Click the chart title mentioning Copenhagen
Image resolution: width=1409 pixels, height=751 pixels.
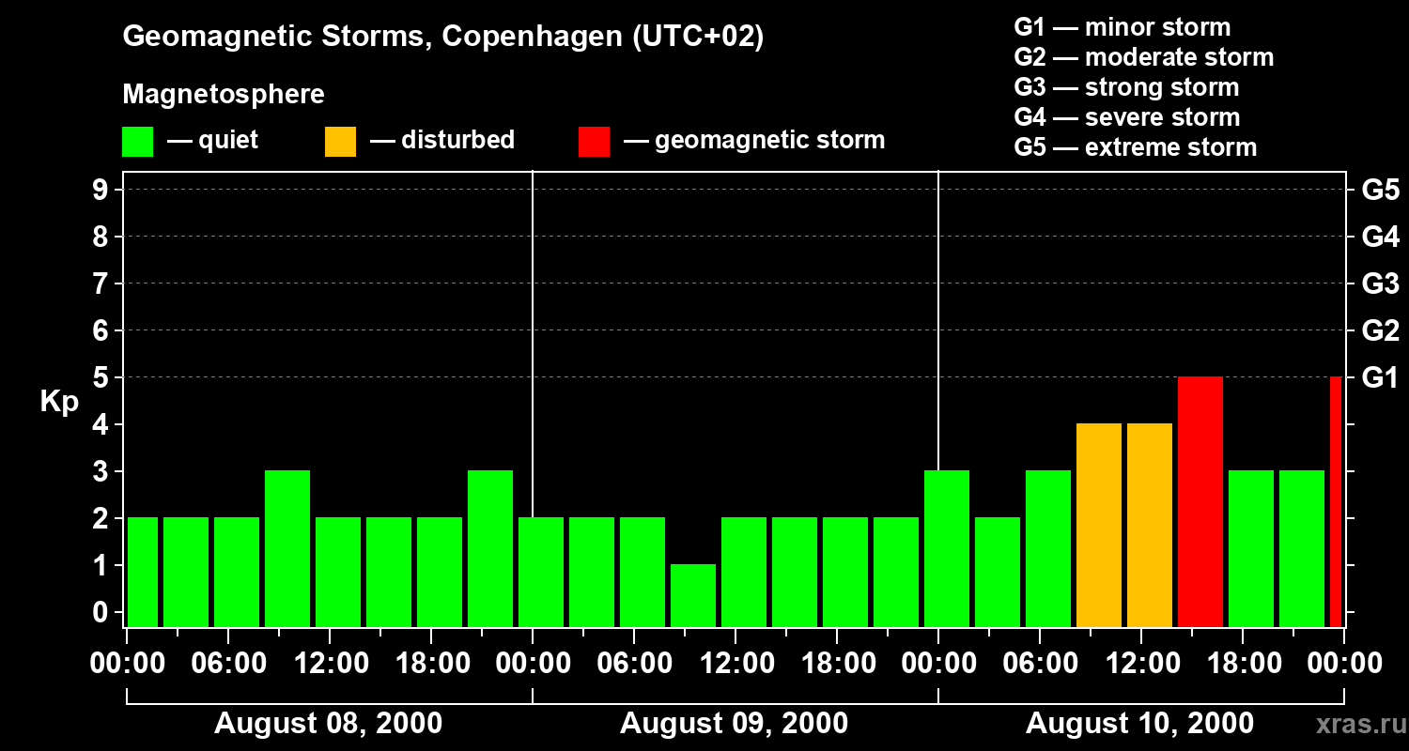pos(442,37)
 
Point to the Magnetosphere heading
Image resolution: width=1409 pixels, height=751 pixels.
pos(224,95)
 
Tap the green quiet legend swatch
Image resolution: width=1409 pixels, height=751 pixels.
pos(138,142)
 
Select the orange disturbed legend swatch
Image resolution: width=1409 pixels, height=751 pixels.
pos(341,142)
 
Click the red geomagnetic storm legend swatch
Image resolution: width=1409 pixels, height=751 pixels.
pos(595,142)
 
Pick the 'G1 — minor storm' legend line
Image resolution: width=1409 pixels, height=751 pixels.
pos(1122,27)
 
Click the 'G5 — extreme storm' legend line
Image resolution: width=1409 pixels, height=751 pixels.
pos(1135,147)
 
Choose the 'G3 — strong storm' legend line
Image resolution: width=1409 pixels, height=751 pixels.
pos(1126,87)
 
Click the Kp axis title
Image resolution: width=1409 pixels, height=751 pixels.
pos(59,402)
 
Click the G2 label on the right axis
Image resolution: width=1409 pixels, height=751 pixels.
pos(1380,330)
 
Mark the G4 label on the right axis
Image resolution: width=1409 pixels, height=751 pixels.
pos(1380,237)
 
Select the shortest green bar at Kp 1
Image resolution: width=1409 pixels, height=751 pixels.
pos(693,595)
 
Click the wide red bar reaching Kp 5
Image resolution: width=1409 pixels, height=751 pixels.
pos(1200,501)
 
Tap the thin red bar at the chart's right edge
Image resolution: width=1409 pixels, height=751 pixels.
pos(1336,501)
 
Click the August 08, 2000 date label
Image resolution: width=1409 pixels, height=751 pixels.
pos(329,724)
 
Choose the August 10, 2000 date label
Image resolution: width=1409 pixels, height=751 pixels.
pos(1139,724)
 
